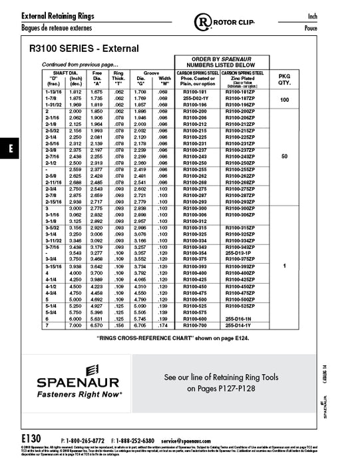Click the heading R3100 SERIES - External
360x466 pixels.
(x=84, y=49)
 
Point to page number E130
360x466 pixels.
(x=31, y=440)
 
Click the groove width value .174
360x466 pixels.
(x=164, y=326)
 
